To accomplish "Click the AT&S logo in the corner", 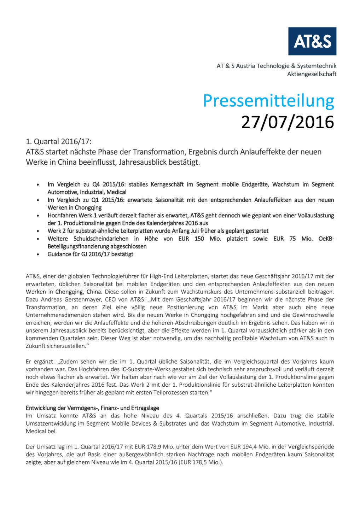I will [x=312, y=41].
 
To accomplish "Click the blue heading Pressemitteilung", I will [x=268, y=101].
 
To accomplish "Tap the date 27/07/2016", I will [x=288, y=122].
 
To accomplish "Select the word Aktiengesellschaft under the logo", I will [x=312, y=74].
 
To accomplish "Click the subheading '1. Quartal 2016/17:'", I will [x=58, y=142].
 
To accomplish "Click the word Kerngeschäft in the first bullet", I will [x=167, y=184].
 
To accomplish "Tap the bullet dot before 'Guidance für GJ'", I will [x=38, y=255].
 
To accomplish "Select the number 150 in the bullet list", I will [x=199, y=239].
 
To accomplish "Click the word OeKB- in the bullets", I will [x=326, y=239].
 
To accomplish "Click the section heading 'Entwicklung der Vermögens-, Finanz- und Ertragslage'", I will [x=92, y=408].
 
